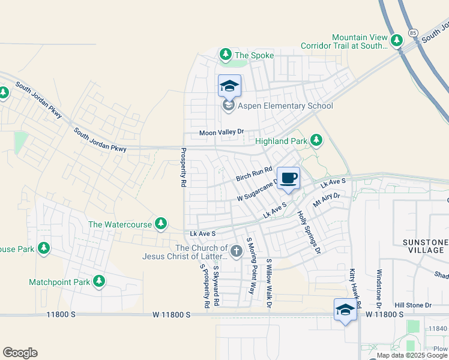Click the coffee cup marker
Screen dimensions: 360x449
[289, 178]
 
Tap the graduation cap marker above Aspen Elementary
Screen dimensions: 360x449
[229, 86]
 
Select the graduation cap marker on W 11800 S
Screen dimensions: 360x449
[345, 310]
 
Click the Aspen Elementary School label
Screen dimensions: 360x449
[285, 106]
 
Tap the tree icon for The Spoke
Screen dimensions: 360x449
[226, 55]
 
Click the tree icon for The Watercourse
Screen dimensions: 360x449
[160, 224]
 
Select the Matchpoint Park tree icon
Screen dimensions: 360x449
[99, 281]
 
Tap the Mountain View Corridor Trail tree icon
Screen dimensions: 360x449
[396, 41]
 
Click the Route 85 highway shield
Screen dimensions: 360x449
[412, 32]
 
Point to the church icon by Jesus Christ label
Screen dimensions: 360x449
[236, 251]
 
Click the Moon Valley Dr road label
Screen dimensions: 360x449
[223, 133]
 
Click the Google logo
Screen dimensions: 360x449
[20, 353]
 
